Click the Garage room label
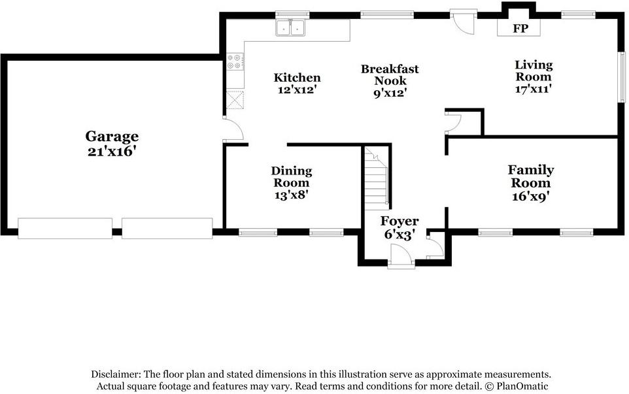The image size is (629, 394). (112, 137)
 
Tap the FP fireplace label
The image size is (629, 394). (520, 29)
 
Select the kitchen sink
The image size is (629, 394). (290, 28)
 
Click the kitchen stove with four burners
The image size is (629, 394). (235, 61)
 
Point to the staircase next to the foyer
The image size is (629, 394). (377, 178)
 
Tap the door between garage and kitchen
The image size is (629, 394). (233, 129)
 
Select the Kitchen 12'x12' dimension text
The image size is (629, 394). (297, 89)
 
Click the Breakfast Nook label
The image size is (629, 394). (390, 75)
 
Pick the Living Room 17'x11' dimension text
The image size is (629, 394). (534, 89)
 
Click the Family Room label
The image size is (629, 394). (531, 176)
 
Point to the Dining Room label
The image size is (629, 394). (292, 177)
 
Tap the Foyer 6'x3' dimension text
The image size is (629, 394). (399, 235)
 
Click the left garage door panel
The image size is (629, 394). (65, 229)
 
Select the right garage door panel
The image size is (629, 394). (167, 229)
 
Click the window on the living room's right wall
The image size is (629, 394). (622, 76)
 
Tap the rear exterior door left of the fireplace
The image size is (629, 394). (464, 22)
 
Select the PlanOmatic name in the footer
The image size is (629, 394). (522, 386)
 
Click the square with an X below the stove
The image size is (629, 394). (235, 100)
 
